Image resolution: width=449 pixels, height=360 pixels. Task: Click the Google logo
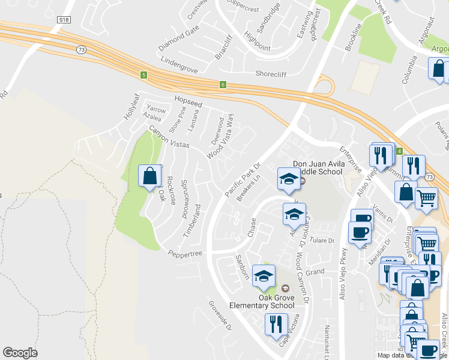click(20, 352)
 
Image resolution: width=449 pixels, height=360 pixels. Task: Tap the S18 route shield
click(65, 20)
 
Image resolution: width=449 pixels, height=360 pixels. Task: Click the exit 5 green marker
click(143, 75)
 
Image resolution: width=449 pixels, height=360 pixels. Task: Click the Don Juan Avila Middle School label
click(317, 167)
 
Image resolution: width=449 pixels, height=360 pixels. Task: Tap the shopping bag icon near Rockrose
click(149, 176)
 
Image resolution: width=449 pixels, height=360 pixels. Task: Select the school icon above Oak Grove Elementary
click(264, 275)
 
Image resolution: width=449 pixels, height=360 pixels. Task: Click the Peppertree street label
click(185, 253)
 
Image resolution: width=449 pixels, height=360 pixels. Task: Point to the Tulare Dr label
click(322, 241)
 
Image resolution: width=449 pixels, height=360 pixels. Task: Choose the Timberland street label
click(191, 221)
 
